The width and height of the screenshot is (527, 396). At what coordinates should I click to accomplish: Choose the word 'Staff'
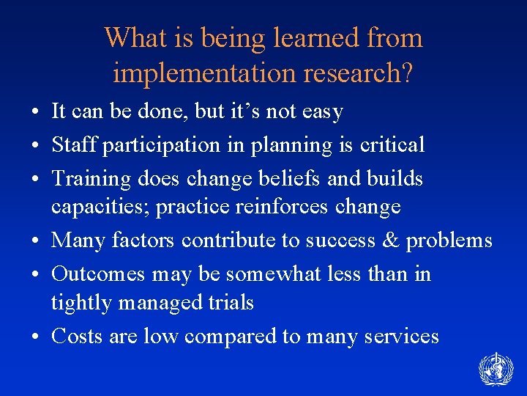(x=75, y=145)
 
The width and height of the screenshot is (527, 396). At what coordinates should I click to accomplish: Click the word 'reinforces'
(x=282, y=206)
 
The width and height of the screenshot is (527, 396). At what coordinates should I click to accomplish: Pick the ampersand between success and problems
(x=389, y=240)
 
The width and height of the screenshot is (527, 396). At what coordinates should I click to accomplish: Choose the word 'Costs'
(x=77, y=336)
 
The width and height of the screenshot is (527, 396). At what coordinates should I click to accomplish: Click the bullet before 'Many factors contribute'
(x=35, y=241)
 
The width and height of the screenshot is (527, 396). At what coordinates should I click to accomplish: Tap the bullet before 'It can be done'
(x=35, y=112)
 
